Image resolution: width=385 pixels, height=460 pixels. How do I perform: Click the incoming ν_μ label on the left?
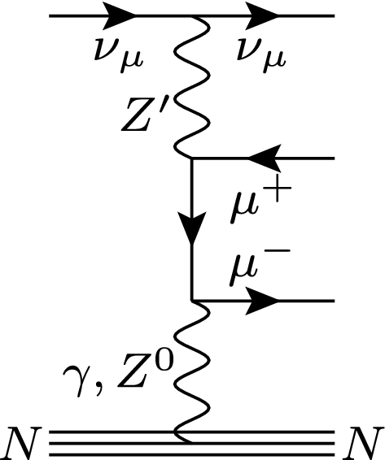114,54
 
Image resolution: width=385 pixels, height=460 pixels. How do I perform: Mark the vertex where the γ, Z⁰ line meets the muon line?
190,302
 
